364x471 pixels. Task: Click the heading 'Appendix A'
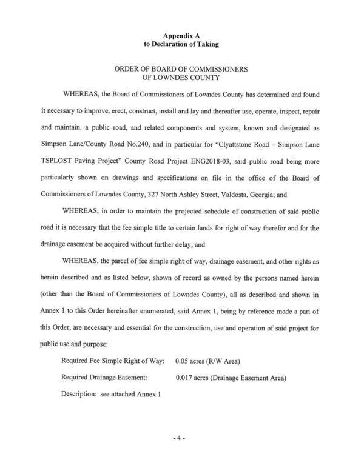pyautogui.click(x=181, y=36)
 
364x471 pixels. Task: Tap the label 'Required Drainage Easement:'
pyautogui.click(x=103, y=378)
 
